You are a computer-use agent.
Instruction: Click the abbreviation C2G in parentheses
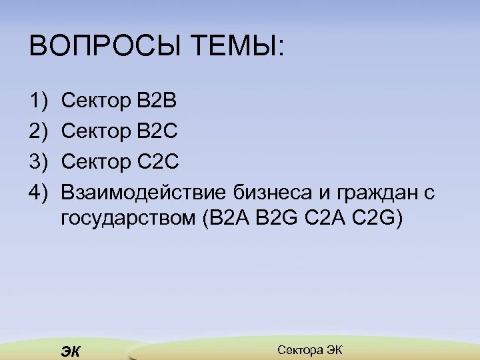click(x=378, y=219)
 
